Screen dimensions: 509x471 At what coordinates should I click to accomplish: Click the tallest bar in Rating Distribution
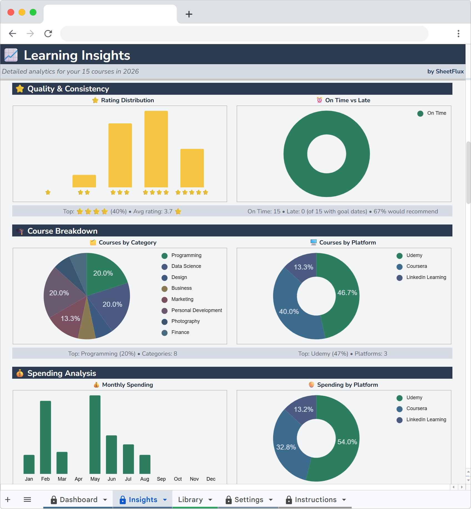[156, 149]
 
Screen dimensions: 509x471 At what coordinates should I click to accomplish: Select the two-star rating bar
[84, 181]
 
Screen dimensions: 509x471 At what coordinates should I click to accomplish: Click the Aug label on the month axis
[145, 479]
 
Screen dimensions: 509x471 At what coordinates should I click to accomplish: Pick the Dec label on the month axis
[211, 479]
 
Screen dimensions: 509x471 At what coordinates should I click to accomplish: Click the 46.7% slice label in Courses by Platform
[347, 293]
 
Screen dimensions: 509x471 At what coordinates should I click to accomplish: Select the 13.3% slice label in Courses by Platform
[303, 267]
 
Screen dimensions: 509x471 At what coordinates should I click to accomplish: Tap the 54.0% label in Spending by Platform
[347, 442]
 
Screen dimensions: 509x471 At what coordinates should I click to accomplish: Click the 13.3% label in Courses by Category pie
[70, 318]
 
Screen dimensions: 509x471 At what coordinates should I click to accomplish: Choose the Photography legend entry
[185, 321]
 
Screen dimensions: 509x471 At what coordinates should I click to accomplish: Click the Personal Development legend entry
[197, 310]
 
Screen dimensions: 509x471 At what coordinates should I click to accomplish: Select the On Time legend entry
[436, 113]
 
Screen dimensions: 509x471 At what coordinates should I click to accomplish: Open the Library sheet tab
[190, 500]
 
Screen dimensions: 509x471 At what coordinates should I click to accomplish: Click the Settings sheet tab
[249, 500]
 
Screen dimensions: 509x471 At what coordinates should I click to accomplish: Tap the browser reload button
[48, 34]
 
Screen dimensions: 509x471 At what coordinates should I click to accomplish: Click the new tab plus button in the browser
[189, 14]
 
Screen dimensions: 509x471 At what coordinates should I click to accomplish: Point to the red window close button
[11, 12]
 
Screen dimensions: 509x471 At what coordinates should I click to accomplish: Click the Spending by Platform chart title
[347, 385]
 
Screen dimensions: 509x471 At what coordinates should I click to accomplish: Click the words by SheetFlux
[445, 71]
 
